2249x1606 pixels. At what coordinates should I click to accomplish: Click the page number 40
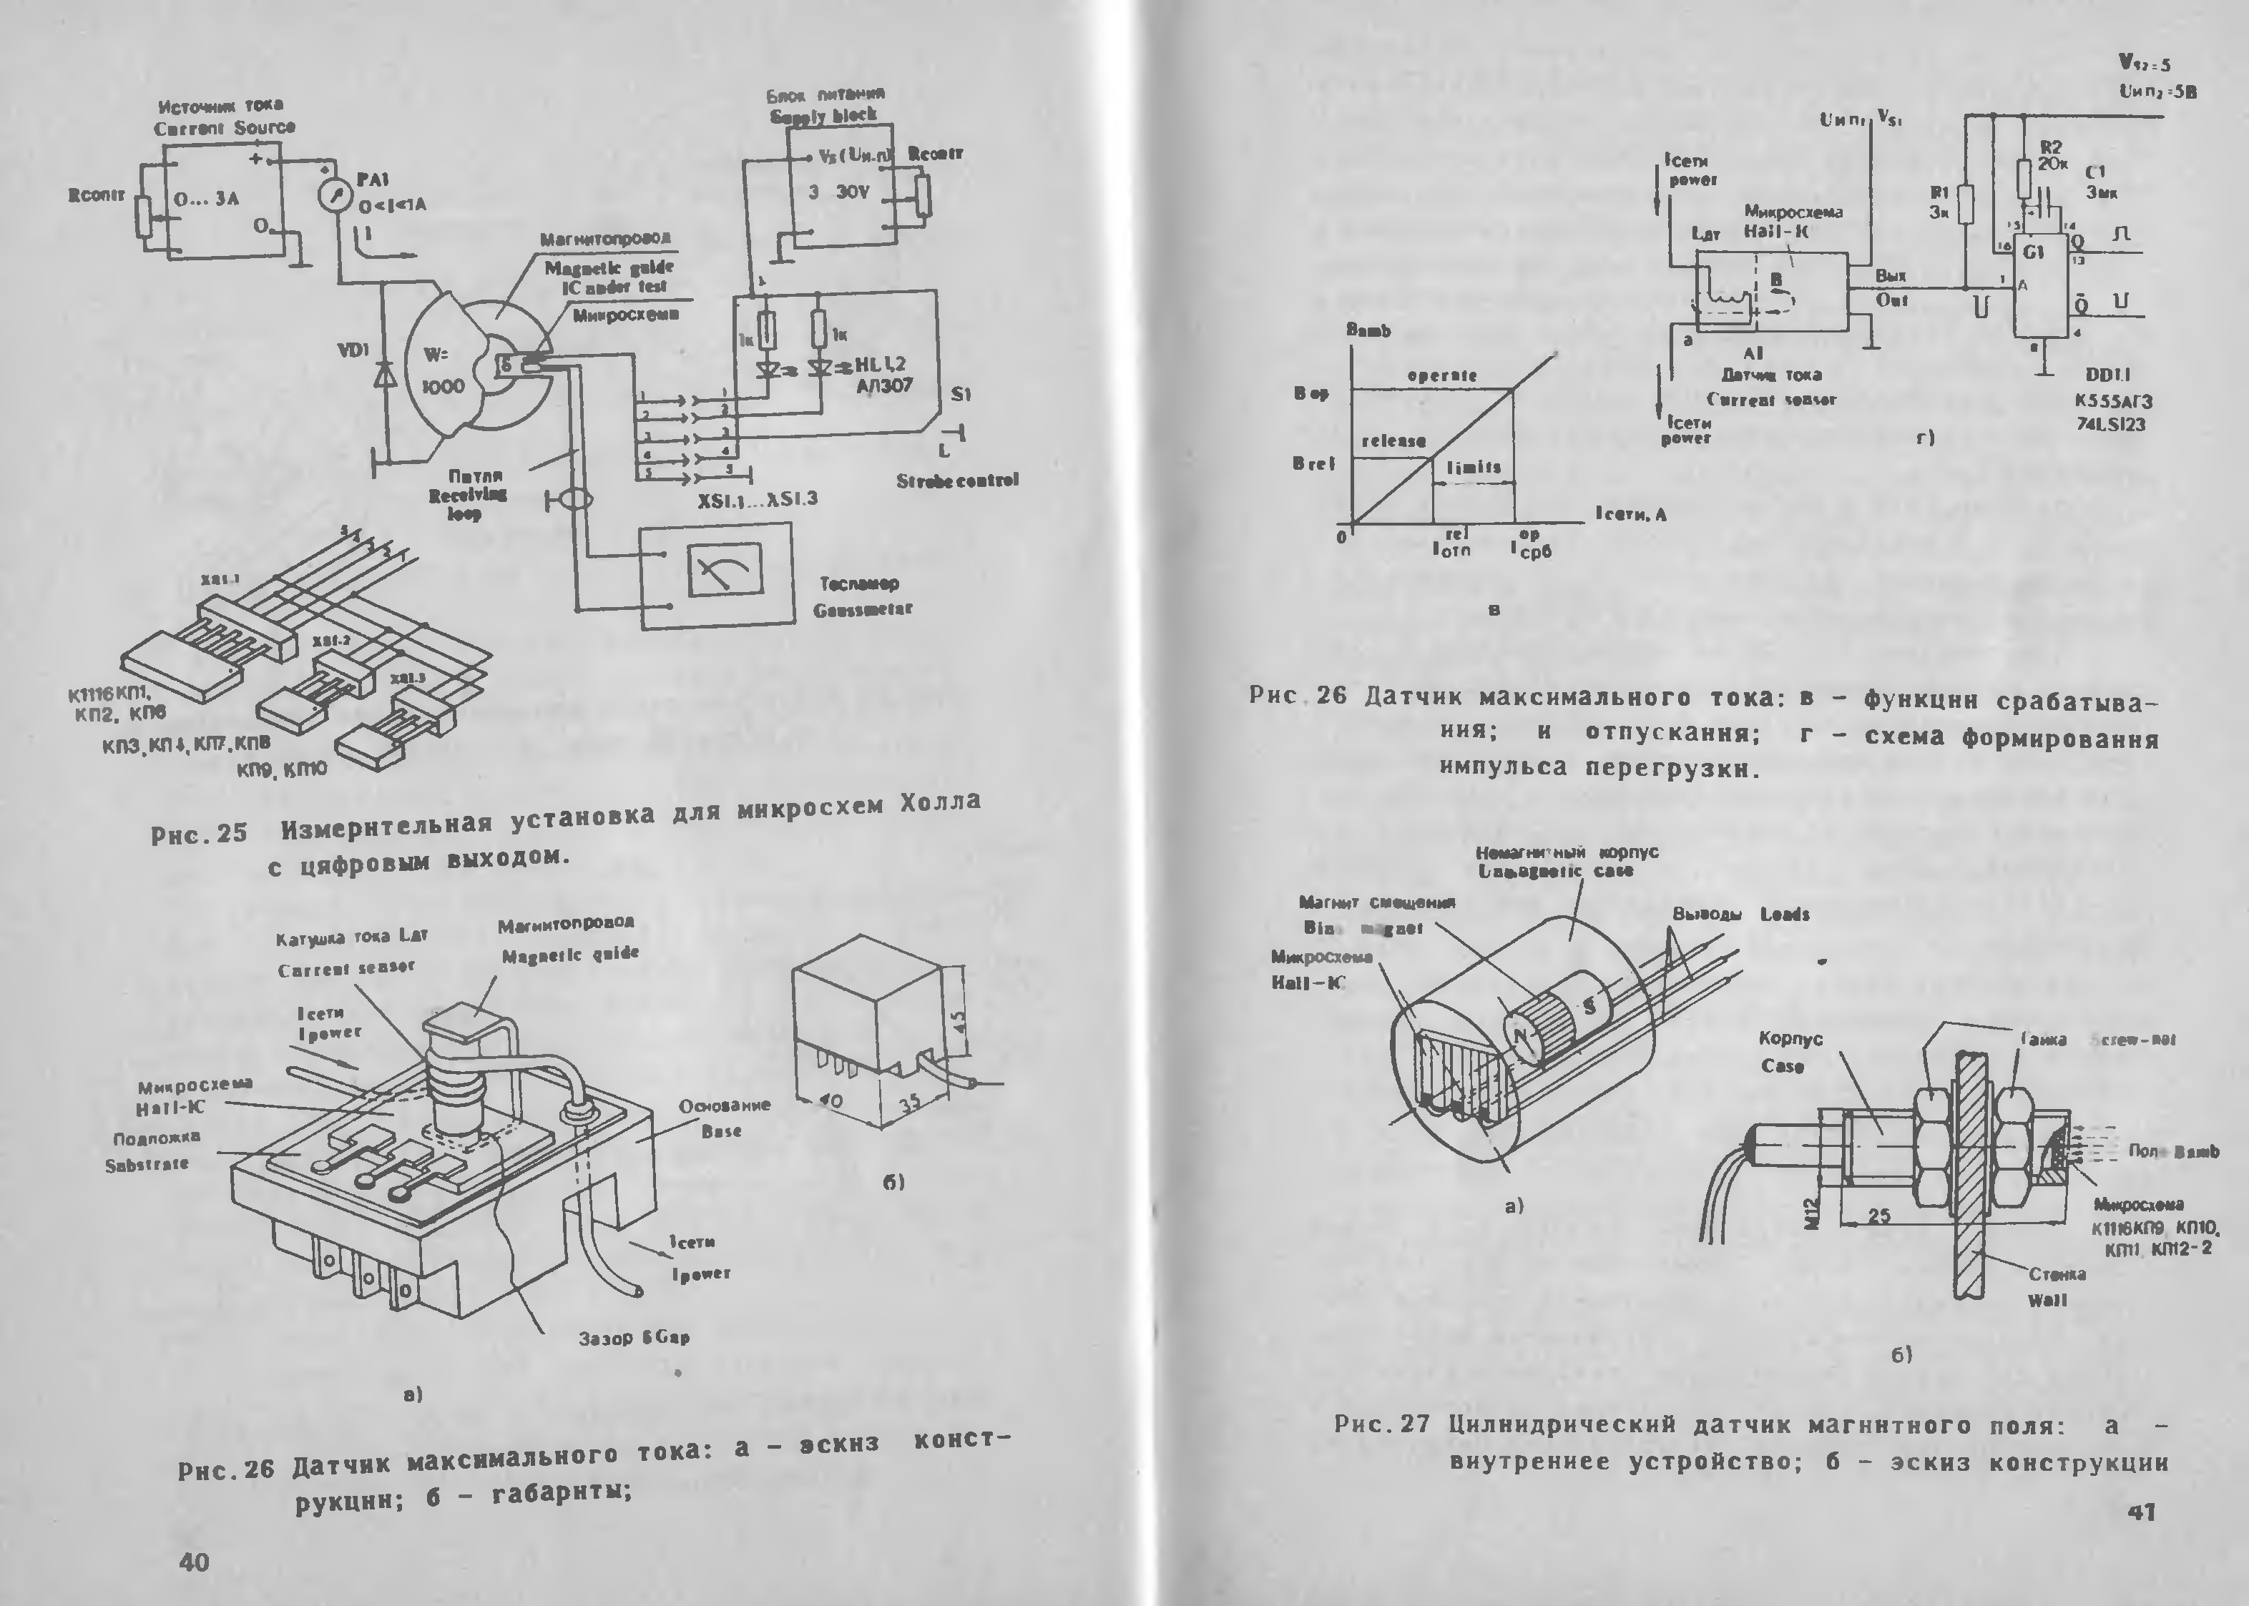click(194, 1562)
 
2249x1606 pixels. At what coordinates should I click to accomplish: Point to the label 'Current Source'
click(225, 127)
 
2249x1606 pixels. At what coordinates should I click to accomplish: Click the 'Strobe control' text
click(957, 481)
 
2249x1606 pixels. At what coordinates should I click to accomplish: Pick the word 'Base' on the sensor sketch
click(721, 1130)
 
